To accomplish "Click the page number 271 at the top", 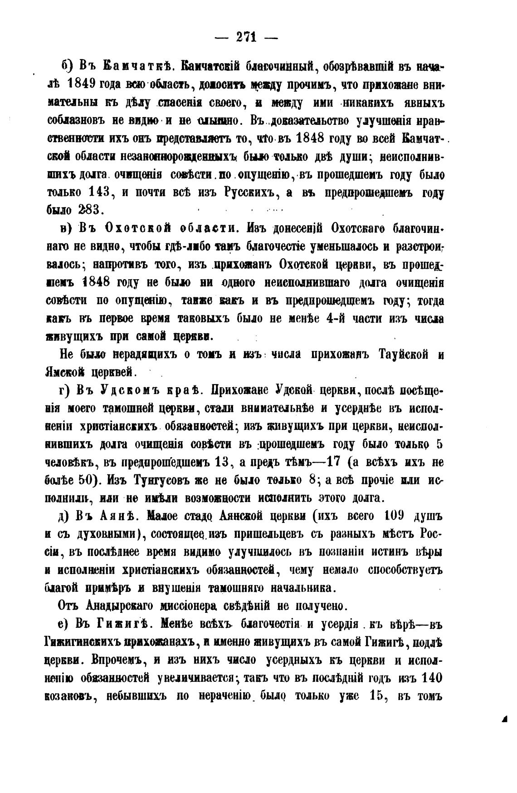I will click(246, 38).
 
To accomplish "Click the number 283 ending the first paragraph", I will click(91, 210).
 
